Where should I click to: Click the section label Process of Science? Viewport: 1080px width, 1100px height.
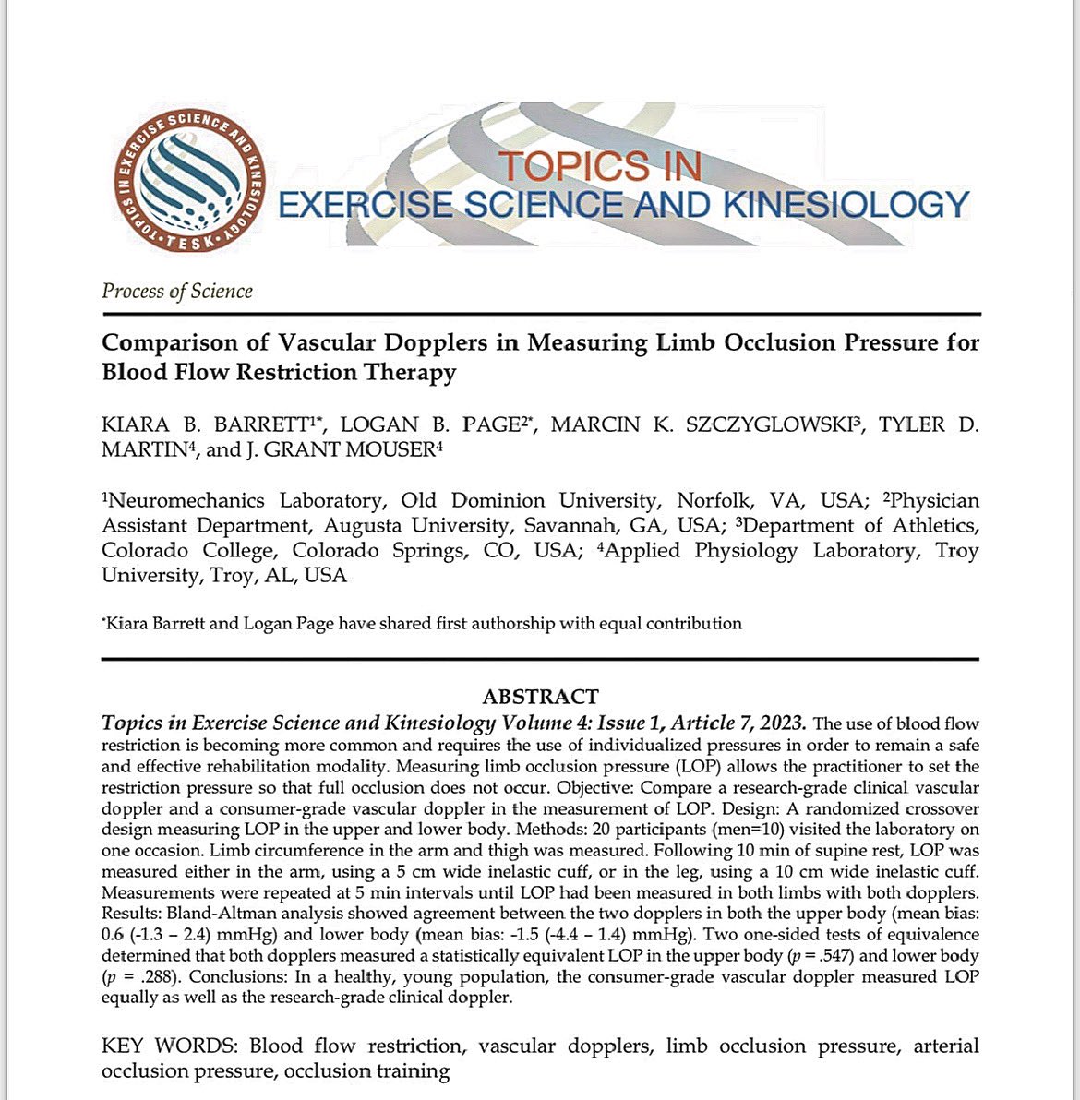176,291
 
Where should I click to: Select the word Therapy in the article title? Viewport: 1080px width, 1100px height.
412,372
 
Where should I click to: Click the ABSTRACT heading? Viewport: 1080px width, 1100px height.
540,696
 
